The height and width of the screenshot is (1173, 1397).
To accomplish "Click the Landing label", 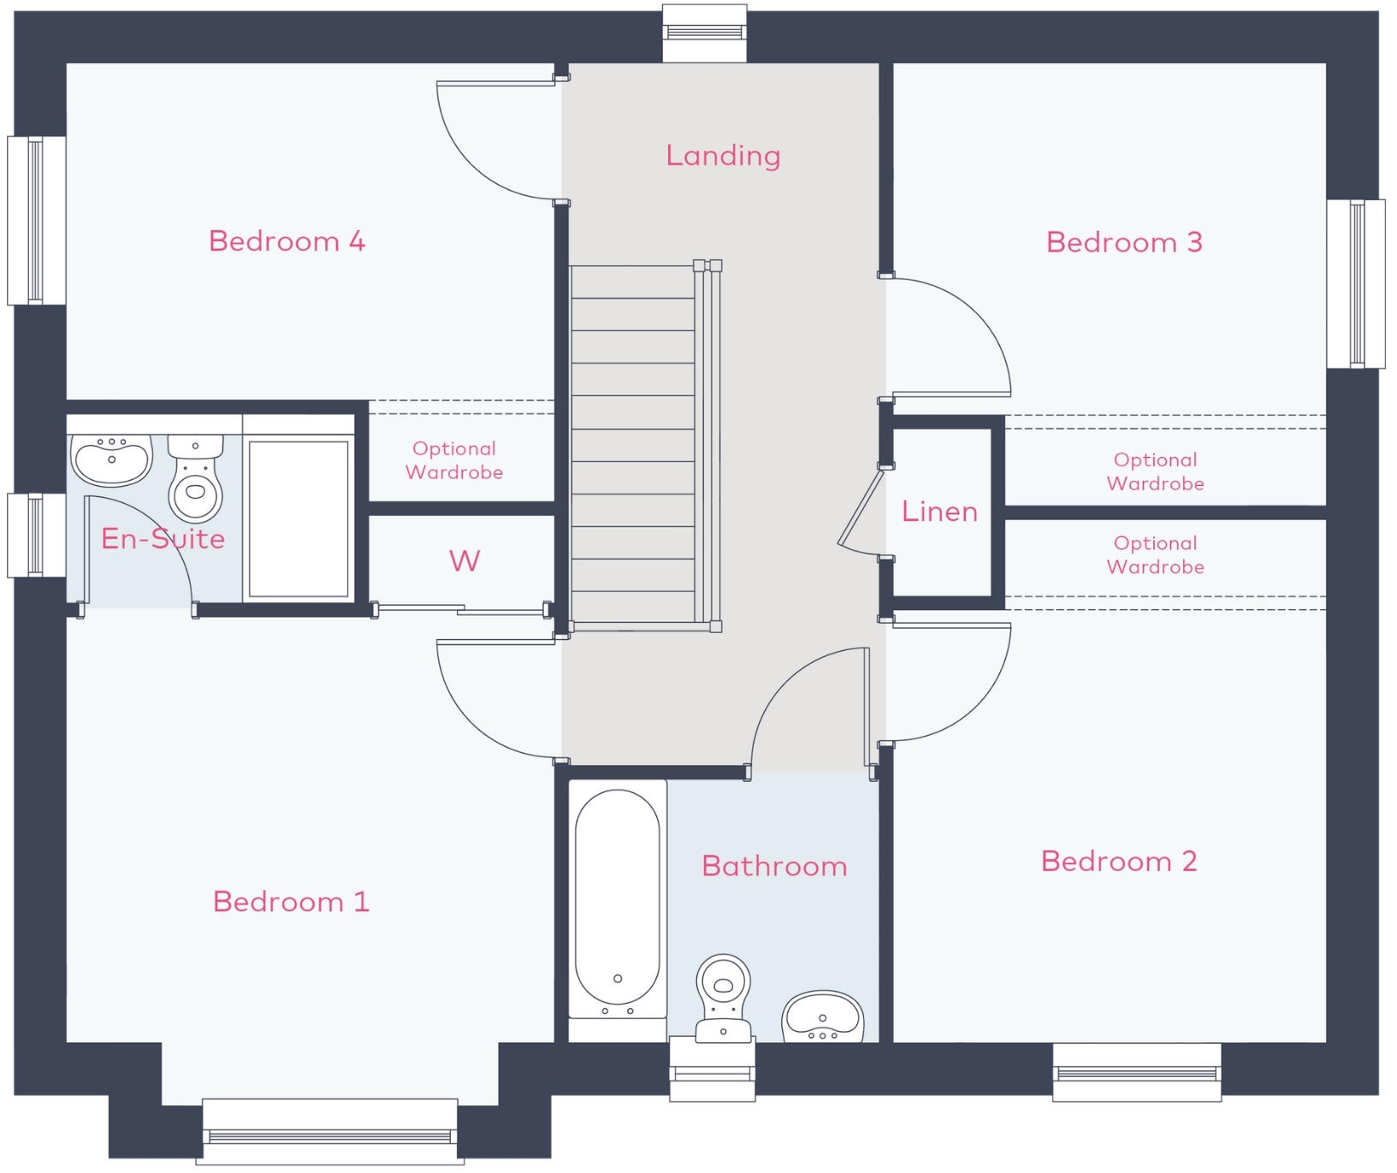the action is [723, 155].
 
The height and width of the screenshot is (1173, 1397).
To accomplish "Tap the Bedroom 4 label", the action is [287, 240].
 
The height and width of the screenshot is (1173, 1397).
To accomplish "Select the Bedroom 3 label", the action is [1124, 242].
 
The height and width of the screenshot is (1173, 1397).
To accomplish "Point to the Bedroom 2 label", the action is [1119, 861].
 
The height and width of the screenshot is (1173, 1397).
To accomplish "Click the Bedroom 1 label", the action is [291, 901].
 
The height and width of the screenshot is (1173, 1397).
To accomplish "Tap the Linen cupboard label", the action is [939, 511].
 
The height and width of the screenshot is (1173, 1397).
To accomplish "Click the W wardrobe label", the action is [465, 561].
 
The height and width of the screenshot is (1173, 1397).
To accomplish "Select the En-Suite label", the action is [163, 538].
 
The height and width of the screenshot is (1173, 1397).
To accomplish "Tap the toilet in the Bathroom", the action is [724, 998].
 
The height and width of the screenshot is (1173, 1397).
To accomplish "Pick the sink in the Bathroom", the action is [823, 1017].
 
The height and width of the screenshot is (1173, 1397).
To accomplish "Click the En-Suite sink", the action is [111, 459].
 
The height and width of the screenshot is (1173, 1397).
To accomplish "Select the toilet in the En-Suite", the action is [196, 477].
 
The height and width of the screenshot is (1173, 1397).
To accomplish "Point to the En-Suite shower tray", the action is [298, 518].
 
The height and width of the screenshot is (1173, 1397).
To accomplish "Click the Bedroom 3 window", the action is [1356, 283].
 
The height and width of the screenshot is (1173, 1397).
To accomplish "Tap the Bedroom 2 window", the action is [1137, 1072].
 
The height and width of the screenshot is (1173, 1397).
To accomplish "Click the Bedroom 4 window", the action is [37, 221].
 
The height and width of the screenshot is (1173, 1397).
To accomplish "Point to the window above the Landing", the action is [704, 33].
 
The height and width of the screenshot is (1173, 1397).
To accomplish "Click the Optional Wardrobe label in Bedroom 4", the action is [454, 460].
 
